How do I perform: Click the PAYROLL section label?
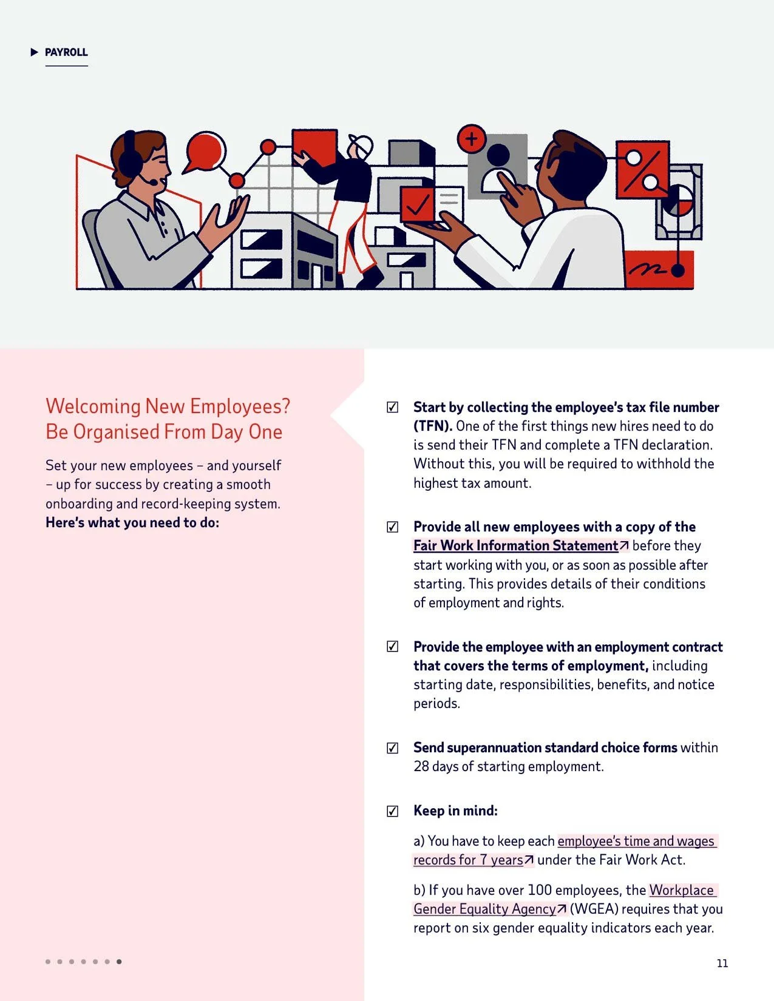(x=66, y=52)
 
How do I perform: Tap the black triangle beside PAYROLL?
(x=34, y=52)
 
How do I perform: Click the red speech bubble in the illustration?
(x=205, y=152)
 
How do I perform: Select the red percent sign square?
(x=642, y=169)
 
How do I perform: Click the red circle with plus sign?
(x=471, y=138)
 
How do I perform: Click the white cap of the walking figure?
(x=362, y=146)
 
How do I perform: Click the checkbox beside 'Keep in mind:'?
(x=392, y=811)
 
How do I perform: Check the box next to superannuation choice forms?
(x=392, y=747)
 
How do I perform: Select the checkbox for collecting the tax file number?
(x=392, y=406)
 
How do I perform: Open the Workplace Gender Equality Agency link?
(x=565, y=899)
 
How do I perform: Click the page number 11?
(x=722, y=963)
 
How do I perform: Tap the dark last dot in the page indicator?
(x=119, y=962)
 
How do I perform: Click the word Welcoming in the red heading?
(x=93, y=406)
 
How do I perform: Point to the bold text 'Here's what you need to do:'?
(x=132, y=523)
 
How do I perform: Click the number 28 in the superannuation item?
(x=421, y=767)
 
